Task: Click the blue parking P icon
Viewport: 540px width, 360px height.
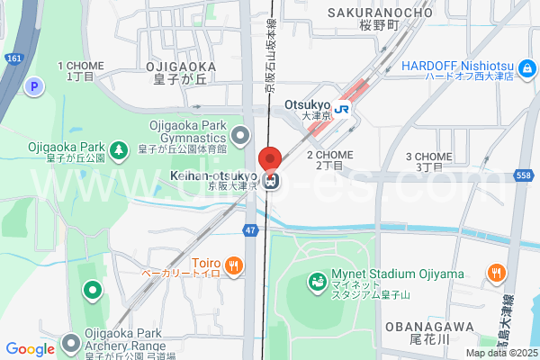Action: (35, 86)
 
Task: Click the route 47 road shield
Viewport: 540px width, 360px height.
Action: (249, 231)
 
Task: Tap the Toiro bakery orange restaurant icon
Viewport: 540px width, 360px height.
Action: (233, 265)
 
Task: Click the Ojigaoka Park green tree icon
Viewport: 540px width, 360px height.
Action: (118, 148)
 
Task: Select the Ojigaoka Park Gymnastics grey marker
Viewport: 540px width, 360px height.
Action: (239, 137)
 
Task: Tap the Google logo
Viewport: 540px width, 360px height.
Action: (30, 349)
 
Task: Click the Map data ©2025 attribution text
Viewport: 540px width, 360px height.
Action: (500, 353)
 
